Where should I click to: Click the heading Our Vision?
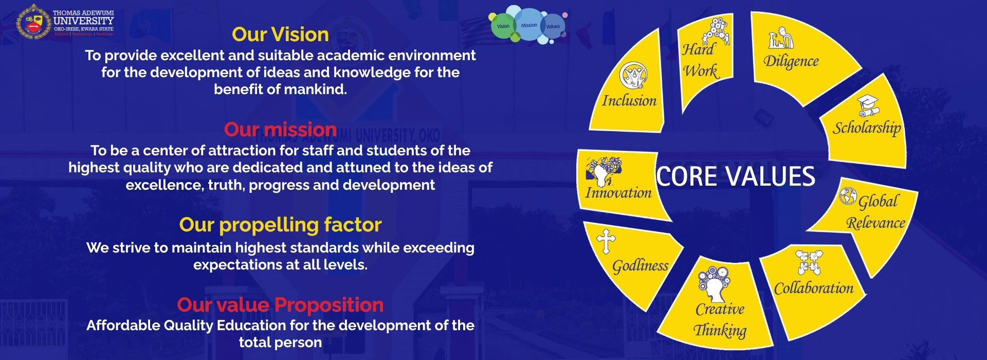pyautogui.click(x=280, y=34)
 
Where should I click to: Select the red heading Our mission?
pyautogui.click(x=280, y=129)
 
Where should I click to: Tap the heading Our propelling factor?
pyautogui.click(x=280, y=225)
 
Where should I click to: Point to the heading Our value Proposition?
pyautogui.click(x=280, y=305)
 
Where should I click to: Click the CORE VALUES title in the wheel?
pyautogui.click(x=736, y=176)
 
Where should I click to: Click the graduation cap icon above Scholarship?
pyautogui.click(x=868, y=106)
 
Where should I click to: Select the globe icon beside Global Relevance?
pyautogui.click(x=848, y=196)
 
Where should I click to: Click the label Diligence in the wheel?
pyautogui.click(x=791, y=61)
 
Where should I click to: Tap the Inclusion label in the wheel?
pyautogui.click(x=629, y=100)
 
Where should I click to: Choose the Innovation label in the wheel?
pyautogui.click(x=618, y=193)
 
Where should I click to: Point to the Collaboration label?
pyautogui.click(x=813, y=288)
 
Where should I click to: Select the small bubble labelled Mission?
pyautogui.click(x=529, y=25)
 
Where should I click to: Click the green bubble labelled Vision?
pyautogui.click(x=503, y=26)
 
